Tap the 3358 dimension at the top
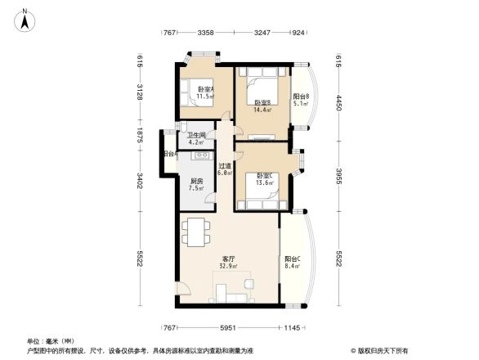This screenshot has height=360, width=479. click(205, 33)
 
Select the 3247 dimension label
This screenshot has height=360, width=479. click(262, 33)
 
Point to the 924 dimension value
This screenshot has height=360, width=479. click(298, 33)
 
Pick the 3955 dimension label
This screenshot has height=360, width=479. click(338, 176)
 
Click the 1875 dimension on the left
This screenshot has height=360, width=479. click(140, 135)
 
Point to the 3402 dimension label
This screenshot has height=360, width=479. click(140, 179)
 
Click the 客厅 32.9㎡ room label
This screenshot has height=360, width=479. click(229, 262)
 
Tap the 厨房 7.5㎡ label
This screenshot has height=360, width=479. click(196, 185)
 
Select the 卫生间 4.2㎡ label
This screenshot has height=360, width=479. click(195, 139)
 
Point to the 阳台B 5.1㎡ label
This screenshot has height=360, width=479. click(300, 100)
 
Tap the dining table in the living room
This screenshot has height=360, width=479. click(196, 232)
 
